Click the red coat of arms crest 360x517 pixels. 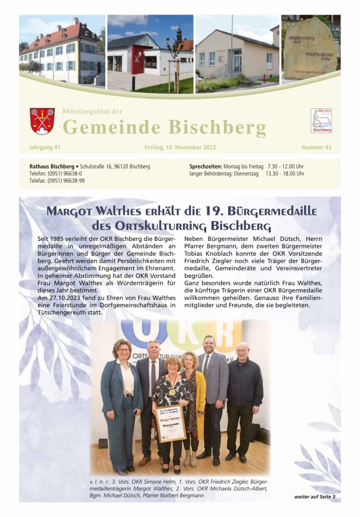coord(42,120)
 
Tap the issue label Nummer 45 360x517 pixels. coord(316,148)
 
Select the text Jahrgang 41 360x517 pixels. coord(45,148)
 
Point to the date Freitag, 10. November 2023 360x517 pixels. coord(180,148)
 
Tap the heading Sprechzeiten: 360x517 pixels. coord(206,167)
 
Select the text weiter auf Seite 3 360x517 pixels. coord(314,496)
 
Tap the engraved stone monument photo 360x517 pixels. coord(310,50)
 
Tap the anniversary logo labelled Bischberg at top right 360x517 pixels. coord(321,120)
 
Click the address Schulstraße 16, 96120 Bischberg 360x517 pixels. coord(115,167)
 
